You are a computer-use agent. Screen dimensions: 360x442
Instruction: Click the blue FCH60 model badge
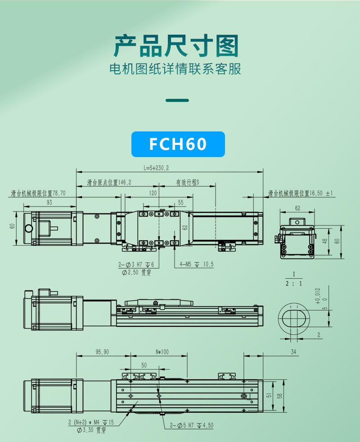pyautogui.click(x=178, y=144)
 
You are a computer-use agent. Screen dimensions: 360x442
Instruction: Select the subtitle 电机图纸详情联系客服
pyautogui.click(x=176, y=69)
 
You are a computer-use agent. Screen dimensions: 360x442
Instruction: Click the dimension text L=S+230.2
pyautogui.click(x=156, y=168)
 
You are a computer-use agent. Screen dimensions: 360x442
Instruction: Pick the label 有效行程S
pyautogui.click(x=187, y=183)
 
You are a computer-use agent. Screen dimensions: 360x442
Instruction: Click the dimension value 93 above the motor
pyautogui.click(x=49, y=203)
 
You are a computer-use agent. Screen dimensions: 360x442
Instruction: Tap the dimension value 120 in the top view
pyautogui.click(x=153, y=193)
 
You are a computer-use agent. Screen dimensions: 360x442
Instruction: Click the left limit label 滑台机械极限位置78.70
pyautogui.click(x=39, y=194)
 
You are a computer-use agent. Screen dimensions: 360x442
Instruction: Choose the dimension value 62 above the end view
pyautogui.click(x=297, y=208)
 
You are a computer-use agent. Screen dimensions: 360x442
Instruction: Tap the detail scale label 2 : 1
pyautogui.click(x=294, y=284)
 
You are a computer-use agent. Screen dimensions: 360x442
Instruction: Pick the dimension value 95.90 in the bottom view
pyautogui.click(x=102, y=352)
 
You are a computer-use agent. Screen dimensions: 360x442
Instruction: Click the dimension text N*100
pyautogui.click(x=162, y=352)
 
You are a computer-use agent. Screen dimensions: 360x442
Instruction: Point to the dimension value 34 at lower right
pyautogui.click(x=294, y=352)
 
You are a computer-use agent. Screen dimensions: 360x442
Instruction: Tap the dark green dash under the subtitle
pyautogui.click(x=177, y=100)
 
